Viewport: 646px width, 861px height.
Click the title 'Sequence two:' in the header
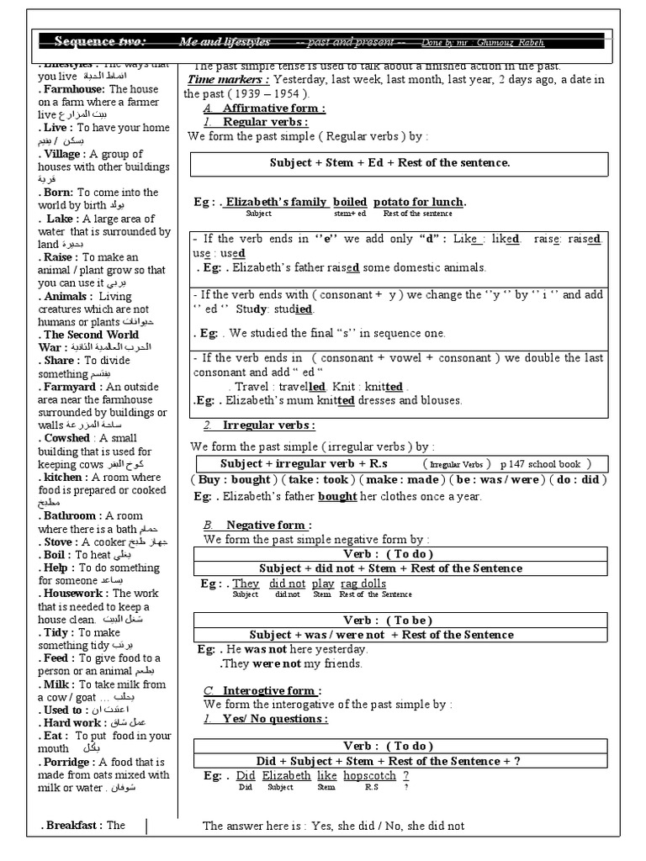pos(99,41)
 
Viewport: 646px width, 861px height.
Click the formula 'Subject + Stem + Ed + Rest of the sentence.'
pos(389,162)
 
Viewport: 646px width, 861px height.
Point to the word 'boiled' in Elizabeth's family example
pos(350,202)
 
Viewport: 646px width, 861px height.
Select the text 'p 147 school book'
pos(545,464)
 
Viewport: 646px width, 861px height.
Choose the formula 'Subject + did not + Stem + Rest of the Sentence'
pos(390,568)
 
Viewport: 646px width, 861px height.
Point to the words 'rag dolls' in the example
pos(363,584)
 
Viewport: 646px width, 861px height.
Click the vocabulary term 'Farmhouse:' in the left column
pos(73,88)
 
